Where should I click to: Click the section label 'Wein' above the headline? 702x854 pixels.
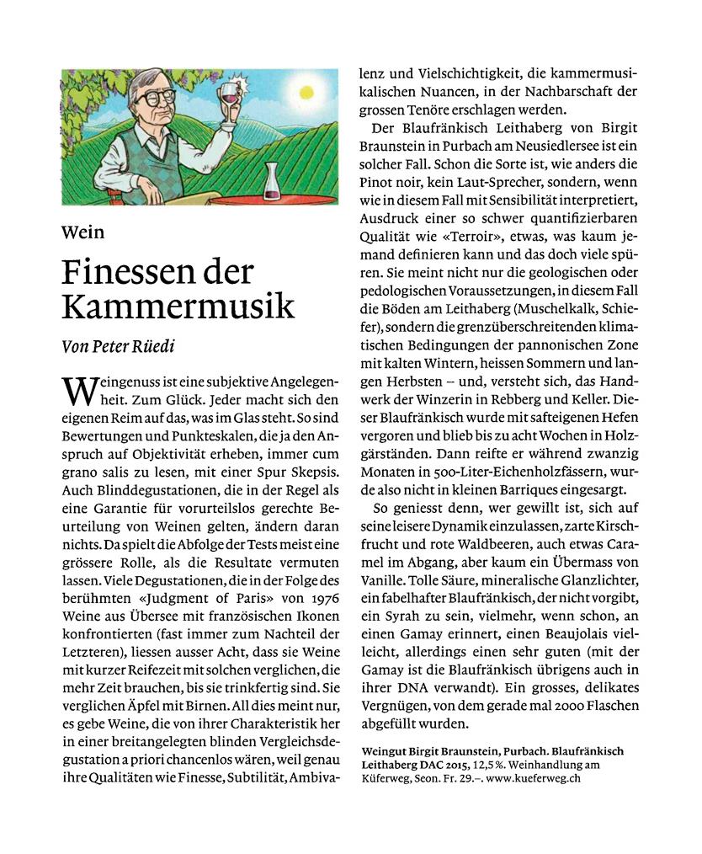pyautogui.click(x=82, y=232)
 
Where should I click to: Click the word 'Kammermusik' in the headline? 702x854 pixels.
pyautogui.click(x=178, y=306)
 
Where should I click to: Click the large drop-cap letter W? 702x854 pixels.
pyautogui.click(x=79, y=390)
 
